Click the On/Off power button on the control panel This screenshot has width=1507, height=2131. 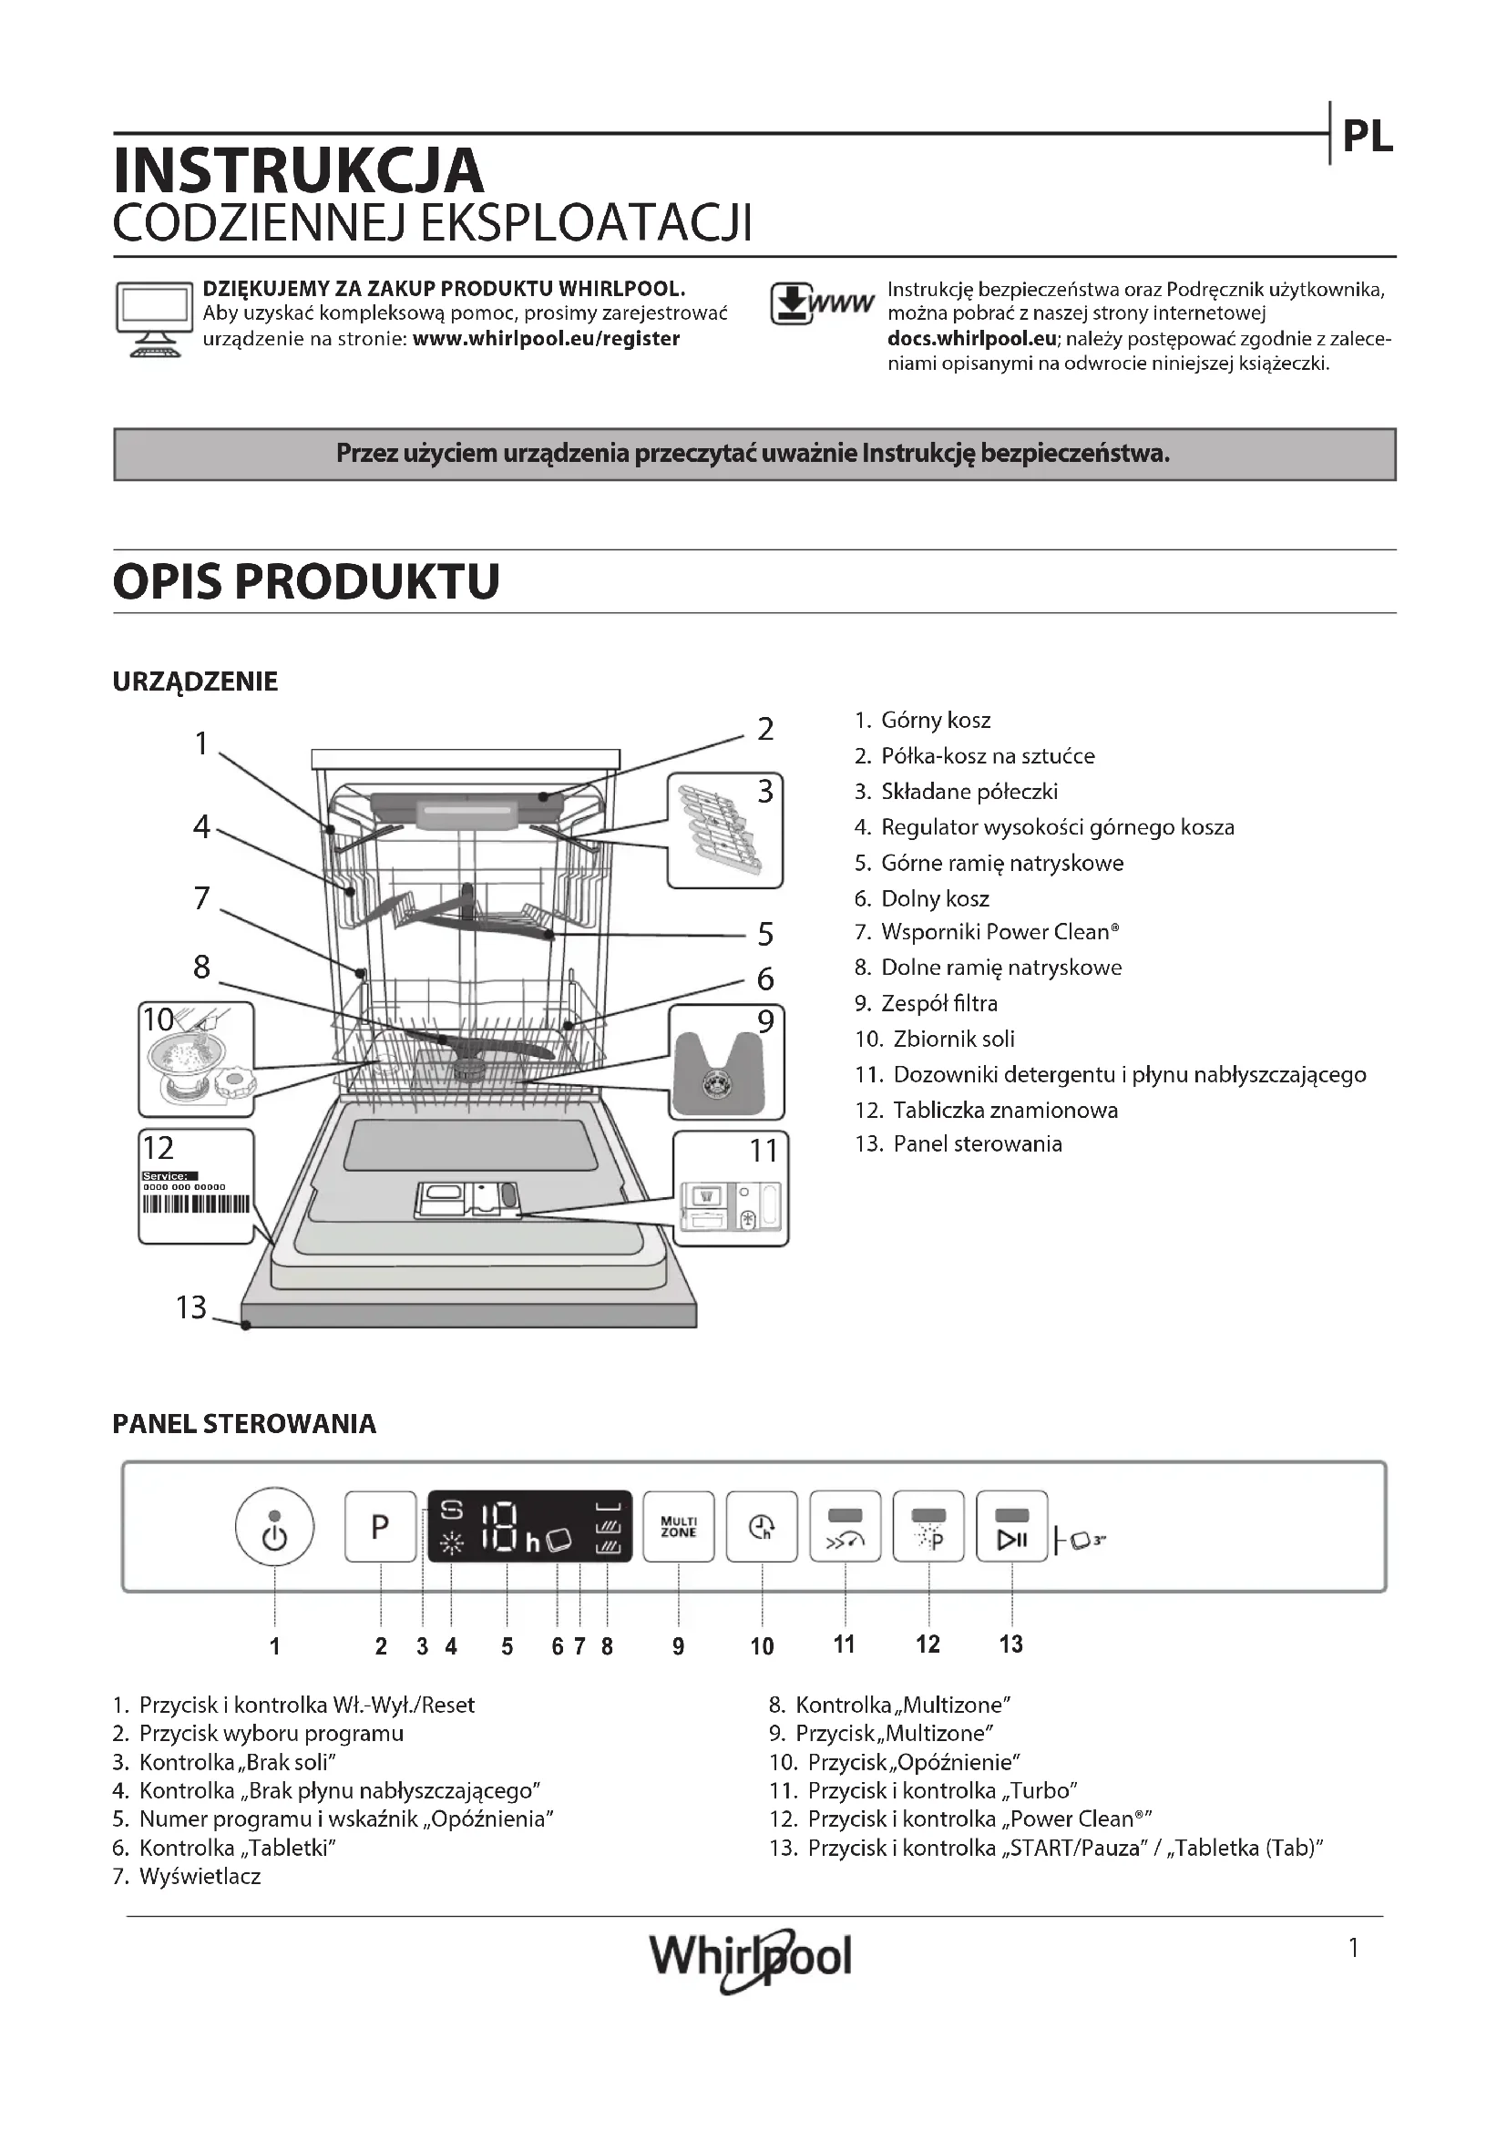274,1527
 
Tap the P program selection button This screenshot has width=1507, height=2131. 381,1527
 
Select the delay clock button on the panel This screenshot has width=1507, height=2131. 762,1527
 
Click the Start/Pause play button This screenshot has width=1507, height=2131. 1011,1527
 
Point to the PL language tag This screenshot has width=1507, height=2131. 1368,138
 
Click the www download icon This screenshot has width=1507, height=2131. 820,304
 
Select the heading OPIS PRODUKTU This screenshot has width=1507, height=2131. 306,582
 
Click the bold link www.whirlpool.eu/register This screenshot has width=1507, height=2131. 546,339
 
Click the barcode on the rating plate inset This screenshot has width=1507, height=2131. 196,1204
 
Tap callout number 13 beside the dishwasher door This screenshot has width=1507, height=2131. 191,1307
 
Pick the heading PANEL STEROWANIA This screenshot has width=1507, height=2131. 244,1425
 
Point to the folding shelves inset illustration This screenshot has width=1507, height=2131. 724,831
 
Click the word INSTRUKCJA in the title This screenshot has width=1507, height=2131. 298,169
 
